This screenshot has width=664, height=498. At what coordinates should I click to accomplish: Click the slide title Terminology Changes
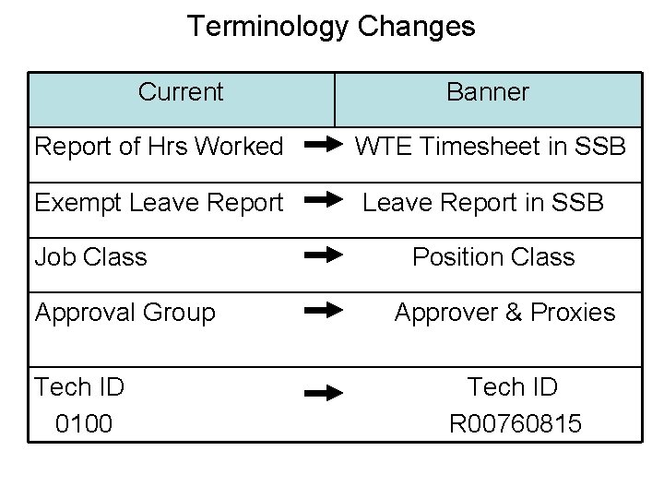[x=331, y=26]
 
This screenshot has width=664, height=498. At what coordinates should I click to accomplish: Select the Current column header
[x=181, y=92]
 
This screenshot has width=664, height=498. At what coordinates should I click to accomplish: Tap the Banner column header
[x=488, y=92]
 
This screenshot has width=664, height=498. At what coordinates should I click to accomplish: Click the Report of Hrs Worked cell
[x=159, y=147]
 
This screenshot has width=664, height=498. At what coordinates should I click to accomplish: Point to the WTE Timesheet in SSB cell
[x=491, y=147]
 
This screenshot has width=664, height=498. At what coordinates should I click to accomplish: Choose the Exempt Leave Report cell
[x=159, y=202]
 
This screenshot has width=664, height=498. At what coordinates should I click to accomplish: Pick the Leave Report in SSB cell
[x=483, y=202]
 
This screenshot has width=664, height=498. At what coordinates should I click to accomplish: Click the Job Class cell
[x=90, y=256]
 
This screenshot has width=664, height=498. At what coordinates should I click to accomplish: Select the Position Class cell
[x=493, y=256]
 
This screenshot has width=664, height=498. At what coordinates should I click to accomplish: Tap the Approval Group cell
[x=125, y=313]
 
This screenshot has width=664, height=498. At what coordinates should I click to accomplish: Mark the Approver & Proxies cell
[x=504, y=313]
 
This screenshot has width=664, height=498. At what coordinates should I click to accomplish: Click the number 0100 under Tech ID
[x=84, y=423]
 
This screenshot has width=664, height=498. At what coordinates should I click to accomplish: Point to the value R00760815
[x=516, y=423]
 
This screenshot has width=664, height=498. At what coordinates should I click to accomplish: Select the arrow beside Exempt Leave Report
[x=323, y=199]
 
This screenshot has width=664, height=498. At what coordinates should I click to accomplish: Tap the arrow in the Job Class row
[x=323, y=255]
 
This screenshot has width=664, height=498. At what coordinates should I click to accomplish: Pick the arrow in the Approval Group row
[x=323, y=311]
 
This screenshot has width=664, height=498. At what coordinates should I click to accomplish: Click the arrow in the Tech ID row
[x=323, y=394]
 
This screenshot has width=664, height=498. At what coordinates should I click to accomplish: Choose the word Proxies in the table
[x=573, y=313]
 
